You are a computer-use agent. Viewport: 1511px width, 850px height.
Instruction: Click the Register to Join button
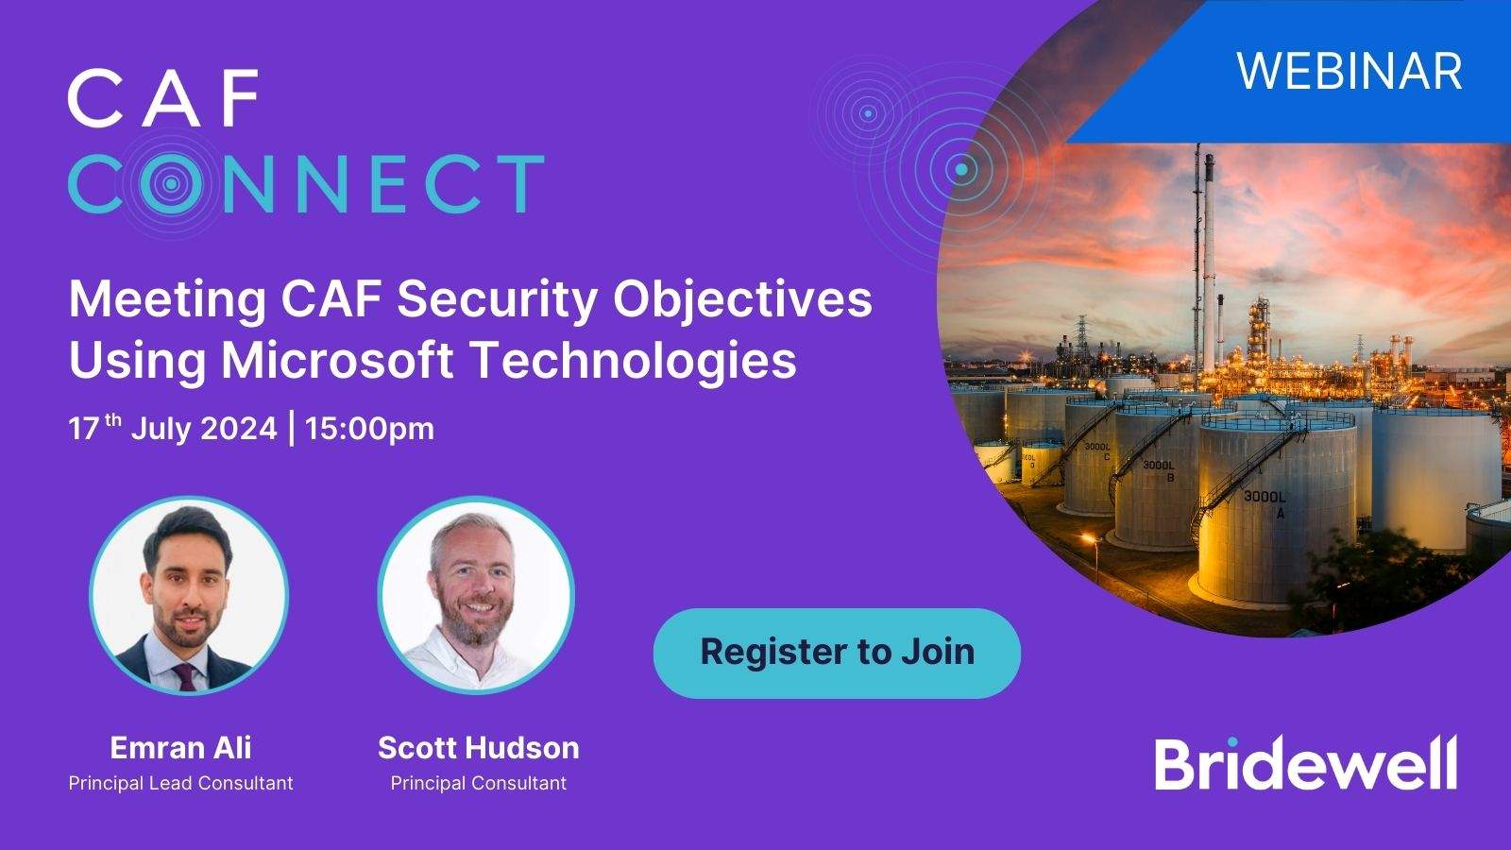pyautogui.click(x=837, y=653)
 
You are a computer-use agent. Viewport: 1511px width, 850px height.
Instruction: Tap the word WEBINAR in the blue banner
pyautogui.click(x=1350, y=71)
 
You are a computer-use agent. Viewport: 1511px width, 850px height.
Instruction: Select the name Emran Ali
pyautogui.click(x=180, y=748)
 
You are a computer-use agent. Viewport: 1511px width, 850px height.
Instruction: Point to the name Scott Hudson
pyautogui.click(x=478, y=748)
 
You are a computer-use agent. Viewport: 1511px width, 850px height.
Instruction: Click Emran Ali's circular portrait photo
pyautogui.click(x=189, y=596)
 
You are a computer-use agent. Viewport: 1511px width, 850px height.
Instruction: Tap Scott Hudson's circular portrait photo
pyautogui.click(x=476, y=596)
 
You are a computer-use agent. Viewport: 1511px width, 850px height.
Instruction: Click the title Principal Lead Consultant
pyautogui.click(x=180, y=783)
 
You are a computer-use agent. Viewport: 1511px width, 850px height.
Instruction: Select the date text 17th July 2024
pyautogui.click(x=172, y=429)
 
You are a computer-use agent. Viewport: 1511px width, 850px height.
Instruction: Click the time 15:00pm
pyautogui.click(x=369, y=429)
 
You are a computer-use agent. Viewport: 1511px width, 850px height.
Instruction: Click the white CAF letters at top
pyautogui.click(x=162, y=98)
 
